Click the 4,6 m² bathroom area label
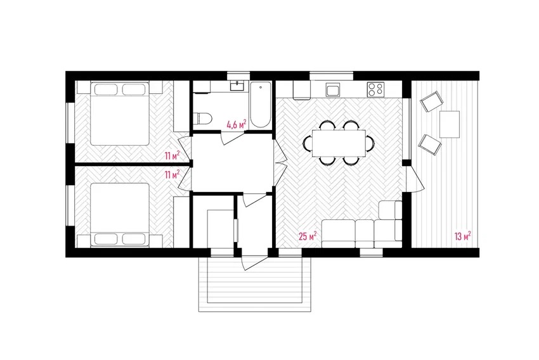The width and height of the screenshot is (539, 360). (x=237, y=124)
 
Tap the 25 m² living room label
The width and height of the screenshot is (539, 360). (x=308, y=236)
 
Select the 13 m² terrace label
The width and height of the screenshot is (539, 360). (x=462, y=236)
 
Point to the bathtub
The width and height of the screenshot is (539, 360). (x=260, y=105)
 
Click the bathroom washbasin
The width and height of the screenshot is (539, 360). (x=238, y=86)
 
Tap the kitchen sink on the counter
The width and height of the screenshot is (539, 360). (x=333, y=90)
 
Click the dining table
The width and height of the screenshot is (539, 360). (x=339, y=143)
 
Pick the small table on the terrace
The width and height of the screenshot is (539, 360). (x=450, y=124)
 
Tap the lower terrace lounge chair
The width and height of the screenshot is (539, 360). (x=429, y=145)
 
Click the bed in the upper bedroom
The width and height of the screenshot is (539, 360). (x=120, y=113)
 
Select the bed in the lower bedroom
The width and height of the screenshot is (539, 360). (x=120, y=215)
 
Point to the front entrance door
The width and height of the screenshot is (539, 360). (x=254, y=263)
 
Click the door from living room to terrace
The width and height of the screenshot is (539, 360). (x=415, y=179)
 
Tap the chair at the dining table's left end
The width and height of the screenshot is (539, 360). (x=308, y=143)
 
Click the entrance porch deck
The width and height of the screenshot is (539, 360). (x=255, y=284)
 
